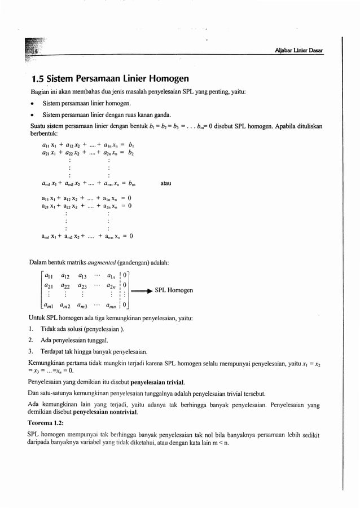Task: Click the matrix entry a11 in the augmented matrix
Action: (x=49, y=276)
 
